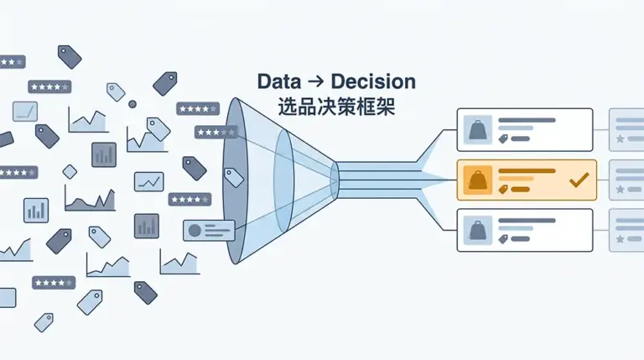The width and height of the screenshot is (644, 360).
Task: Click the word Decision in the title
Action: [x=373, y=82]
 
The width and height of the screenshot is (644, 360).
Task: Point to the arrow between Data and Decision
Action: [x=316, y=83]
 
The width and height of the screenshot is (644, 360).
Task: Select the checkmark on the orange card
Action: [x=578, y=180]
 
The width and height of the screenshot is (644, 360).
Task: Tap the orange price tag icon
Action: [x=503, y=190]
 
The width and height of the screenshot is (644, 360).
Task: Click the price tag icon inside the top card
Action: [x=503, y=139]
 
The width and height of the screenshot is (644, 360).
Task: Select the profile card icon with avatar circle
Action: [x=208, y=230]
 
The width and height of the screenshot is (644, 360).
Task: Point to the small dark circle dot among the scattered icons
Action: [x=132, y=104]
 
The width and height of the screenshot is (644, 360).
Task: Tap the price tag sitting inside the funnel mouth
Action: [x=234, y=176]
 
